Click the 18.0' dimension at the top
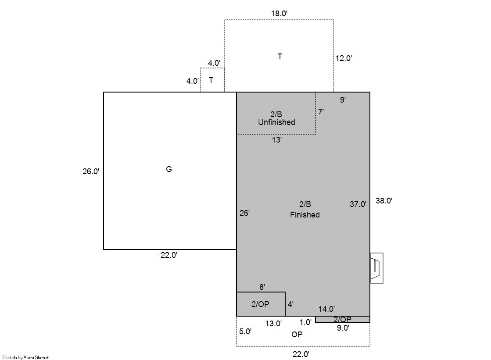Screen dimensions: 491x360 tap(279, 14)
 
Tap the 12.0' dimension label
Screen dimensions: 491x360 tap(344, 58)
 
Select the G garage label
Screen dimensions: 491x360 tap(169, 169)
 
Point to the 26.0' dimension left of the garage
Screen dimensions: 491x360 tap(91, 171)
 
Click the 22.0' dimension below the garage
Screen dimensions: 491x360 tap(169, 255)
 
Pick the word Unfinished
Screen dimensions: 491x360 tap(276, 122)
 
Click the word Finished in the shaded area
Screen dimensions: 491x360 tap(305, 215)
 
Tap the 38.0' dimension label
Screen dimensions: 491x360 tap(384, 201)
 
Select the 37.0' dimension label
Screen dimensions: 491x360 tap(358, 204)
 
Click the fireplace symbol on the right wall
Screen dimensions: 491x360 tap(377, 268)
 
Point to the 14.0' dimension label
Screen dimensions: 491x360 tap(326, 309)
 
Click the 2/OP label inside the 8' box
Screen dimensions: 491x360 tap(260, 304)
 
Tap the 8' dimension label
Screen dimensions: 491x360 tap(262, 287)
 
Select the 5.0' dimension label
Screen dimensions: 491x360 tap(245, 331)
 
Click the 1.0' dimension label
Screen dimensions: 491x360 tap(305, 322)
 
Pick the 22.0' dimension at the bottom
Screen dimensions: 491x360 tap(301, 354)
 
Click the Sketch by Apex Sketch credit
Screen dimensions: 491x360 tap(26, 357)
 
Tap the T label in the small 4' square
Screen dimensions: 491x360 tap(211, 80)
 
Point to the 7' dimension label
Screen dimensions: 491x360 tap(321, 112)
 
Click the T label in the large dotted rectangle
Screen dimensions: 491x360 tap(280, 57)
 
